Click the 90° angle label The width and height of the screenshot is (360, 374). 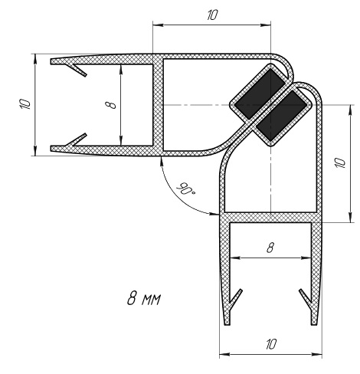185,189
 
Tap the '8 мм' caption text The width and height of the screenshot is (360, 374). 144,298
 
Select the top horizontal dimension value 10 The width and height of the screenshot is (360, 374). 212,15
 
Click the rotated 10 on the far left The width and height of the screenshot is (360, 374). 25,103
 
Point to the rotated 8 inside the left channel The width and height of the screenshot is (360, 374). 111,105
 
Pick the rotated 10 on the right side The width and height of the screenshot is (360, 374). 340,162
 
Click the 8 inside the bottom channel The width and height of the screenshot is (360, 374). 270,248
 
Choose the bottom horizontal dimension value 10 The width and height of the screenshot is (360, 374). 271,344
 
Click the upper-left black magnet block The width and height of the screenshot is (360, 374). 259,94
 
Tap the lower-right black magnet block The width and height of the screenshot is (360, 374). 281,116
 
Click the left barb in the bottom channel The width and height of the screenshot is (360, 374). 235,298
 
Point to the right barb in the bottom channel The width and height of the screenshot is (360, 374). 306,298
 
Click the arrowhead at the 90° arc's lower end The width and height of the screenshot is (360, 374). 214,214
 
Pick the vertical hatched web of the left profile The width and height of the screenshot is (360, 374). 158,105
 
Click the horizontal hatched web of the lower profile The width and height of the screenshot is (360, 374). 270,218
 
